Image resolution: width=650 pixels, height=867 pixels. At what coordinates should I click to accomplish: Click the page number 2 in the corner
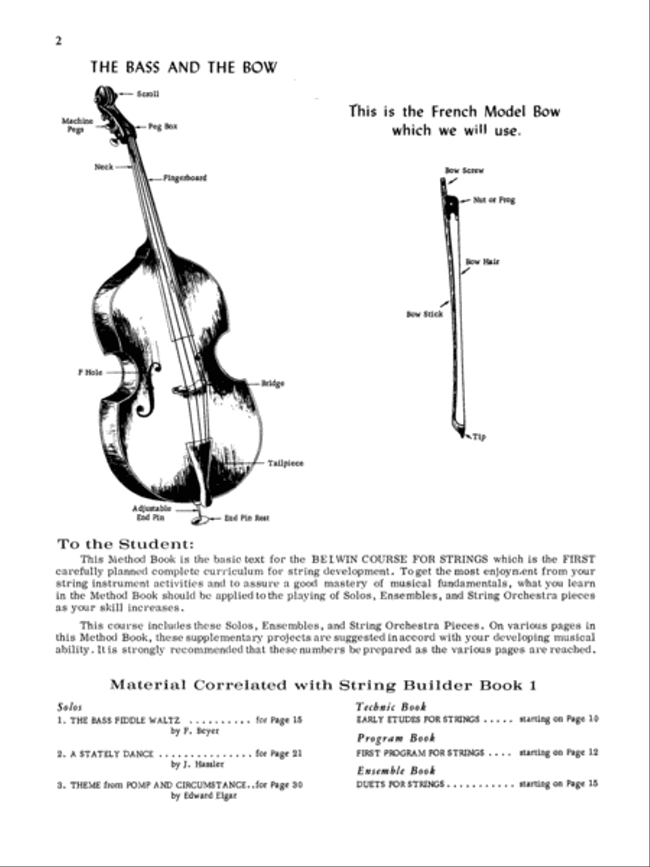(58, 40)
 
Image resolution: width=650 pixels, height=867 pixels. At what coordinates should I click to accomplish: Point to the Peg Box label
(163, 126)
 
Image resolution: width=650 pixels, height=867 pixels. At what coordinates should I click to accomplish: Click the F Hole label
(90, 373)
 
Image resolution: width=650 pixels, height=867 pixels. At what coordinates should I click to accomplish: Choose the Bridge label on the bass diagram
(273, 384)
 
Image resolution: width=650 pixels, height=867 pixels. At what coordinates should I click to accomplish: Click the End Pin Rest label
(246, 518)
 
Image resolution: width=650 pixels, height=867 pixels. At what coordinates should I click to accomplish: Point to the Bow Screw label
(464, 171)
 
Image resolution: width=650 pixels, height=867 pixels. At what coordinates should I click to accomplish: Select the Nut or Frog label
(494, 200)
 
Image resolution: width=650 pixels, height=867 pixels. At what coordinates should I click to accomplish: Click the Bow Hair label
(482, 262)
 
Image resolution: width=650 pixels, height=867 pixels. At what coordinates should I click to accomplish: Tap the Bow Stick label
(424, 314)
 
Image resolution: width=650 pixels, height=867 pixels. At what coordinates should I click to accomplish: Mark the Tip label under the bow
(480, 437)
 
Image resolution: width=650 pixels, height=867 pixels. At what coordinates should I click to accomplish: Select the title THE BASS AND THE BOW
(183, 67)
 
